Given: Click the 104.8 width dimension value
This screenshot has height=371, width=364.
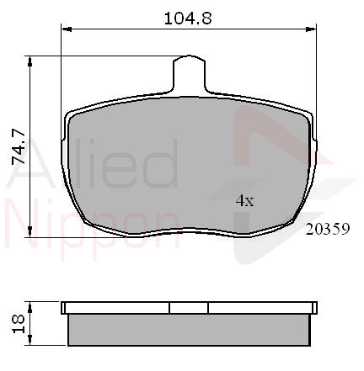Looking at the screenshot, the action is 188,19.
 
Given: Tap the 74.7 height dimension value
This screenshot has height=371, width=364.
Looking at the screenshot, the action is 19,146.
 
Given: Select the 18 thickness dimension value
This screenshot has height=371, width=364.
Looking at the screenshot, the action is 19,324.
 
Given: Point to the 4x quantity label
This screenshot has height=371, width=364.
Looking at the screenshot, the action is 244,201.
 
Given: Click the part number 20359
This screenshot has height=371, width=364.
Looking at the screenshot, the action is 328,229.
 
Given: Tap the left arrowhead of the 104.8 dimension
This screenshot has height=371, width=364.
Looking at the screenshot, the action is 67,29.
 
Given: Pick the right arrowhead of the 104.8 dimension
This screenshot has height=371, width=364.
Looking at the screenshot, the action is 311,29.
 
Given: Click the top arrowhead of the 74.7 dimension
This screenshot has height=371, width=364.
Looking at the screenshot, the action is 29,61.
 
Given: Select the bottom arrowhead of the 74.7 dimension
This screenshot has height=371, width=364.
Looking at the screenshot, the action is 29,231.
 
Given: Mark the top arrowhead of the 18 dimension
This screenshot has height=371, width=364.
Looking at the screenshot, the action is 29,307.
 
